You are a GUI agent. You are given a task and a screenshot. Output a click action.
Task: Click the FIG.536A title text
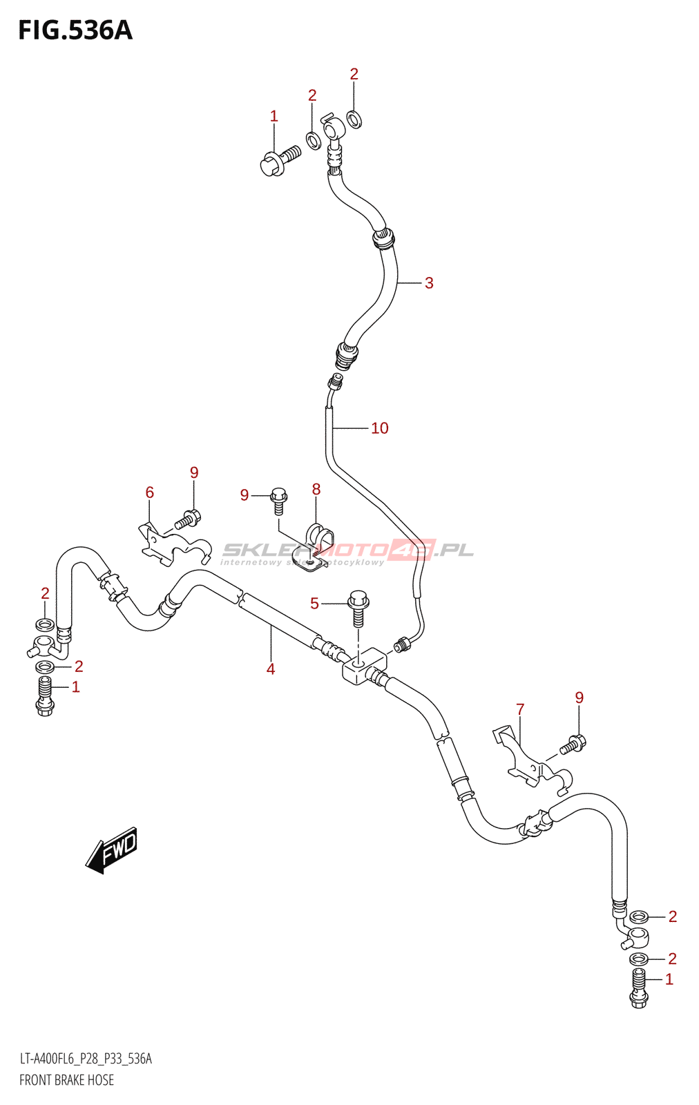click(75, 30)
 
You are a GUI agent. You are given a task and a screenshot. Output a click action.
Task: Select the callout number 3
click(429, 283)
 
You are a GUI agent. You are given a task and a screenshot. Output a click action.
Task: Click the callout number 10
click(380, 428)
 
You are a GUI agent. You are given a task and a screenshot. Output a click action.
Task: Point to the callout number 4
click(271, 669)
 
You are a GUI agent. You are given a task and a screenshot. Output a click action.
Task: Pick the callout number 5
click(314, 604)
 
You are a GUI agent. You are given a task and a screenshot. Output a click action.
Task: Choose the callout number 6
click(150, 492)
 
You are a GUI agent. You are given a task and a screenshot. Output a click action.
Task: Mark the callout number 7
click(520, 709)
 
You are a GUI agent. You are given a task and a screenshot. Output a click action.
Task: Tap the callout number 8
click(316, 490)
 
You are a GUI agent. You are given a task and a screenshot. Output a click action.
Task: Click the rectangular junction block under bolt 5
click(363, 666)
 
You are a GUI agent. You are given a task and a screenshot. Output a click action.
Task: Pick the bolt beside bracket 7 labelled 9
click(573, 744)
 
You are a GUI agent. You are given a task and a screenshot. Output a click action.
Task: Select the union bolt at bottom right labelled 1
click(639, 988)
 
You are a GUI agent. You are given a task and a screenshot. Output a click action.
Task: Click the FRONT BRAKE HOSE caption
click(66, 1080)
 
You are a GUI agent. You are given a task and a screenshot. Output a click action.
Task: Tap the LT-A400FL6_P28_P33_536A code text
click(85, 1059)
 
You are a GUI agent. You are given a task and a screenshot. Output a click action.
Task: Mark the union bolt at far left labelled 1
click(45, 695)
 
